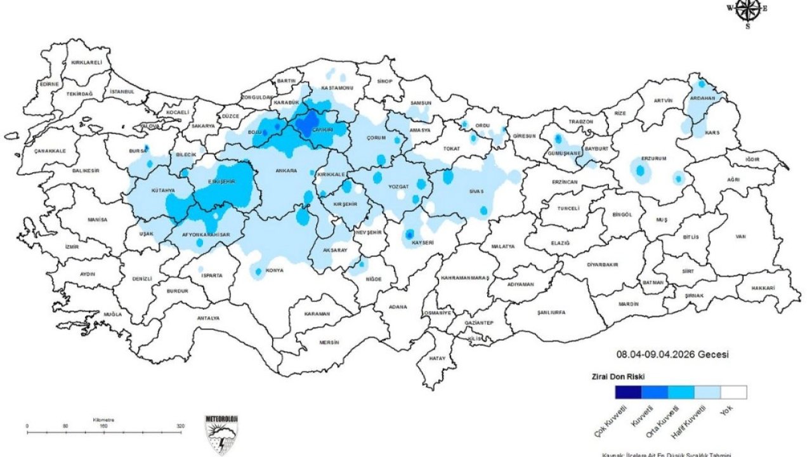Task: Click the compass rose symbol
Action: coord(747,11)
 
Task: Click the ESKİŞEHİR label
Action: coord(222,182)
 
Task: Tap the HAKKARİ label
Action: coord(764,288)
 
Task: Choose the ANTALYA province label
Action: coord(208,318)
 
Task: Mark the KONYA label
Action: coord(275,270)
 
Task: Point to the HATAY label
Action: coord(437,359)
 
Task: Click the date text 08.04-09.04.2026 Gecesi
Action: coord(672,355)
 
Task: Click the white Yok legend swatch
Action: coord(733,392)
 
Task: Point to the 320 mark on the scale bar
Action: coord(181,426)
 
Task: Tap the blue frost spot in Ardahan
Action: coord(702,84)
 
